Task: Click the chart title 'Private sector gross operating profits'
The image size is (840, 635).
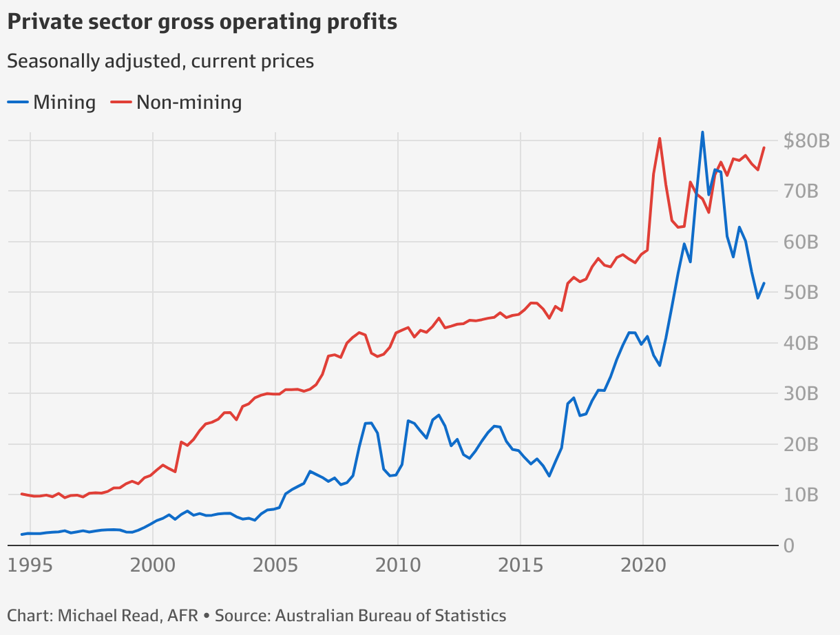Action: pyautogui.click(x=202, y=22)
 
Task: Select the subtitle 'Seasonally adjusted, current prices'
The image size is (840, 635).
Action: pyautogui.click(x=160, y=61)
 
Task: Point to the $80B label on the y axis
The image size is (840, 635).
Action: pyautogui.click(x=806, y=141)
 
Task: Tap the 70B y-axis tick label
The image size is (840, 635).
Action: pyautogui.click(x=801, y=191)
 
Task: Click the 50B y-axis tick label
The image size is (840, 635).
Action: pyautogui.click(x=801, y=293)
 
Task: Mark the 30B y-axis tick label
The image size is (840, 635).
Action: pyautogui.click(x=801, y=394)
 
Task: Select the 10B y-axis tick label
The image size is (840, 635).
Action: pyautogui.click(x=801, y=495)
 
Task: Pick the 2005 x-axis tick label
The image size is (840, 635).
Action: pyautogui.click(x=275, y=566)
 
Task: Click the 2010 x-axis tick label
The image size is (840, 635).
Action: pyautogui.click(x=398, y=566)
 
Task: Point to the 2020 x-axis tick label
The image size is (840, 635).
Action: pyautogui.click(x=643, y=566)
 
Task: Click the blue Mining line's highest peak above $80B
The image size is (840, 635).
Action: pyautogui.click(x=702, y=132)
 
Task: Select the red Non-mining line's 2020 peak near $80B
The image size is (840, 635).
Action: pyautogui.click(x=660, y=138)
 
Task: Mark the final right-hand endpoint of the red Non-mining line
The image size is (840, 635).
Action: pyautogui.click(x=764, y=147)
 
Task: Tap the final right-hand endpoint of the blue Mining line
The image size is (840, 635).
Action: pyautogui.click(x=764, y=283)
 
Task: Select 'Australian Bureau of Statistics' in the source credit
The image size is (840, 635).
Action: pyautogui.click(x=390, y=616)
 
